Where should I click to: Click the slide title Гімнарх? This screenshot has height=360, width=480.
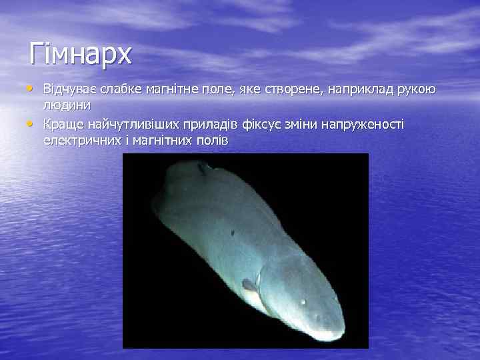click(80, 53)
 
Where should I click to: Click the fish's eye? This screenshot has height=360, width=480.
click(304, 302)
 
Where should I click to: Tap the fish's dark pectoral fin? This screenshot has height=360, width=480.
click(250, 285)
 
